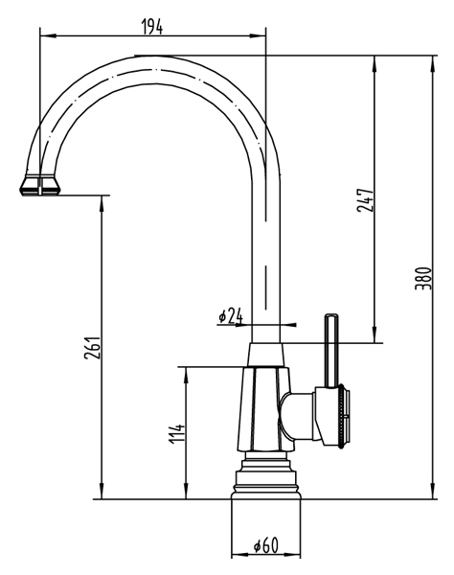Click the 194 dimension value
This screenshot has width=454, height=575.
click(x=152, y=27)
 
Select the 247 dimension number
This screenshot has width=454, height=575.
click(x=365, y=200)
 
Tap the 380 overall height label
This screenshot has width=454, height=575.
click(x=423, y=279)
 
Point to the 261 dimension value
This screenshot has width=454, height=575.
click(x=92, y=347)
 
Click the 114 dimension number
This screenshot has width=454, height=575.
click(x=177, y=433)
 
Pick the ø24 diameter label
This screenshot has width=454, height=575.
click(x=231, y=315)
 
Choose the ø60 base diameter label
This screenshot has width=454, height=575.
click(x=266, y=546)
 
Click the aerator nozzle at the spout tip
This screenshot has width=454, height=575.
click(x=40, y=185)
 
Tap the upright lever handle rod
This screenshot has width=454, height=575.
click(x=331, y=351)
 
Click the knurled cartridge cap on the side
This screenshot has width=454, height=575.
click(x=344, y=416)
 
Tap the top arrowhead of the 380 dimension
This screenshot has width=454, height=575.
click(x=433, y=63)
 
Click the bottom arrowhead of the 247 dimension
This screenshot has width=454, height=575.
click(x=375, y=334)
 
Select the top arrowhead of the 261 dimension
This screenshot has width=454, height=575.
click(x=102, y=203)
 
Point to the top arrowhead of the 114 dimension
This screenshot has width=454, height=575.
click(x=187, y=375)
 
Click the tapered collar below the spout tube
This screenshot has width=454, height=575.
click(x=266, y=355)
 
